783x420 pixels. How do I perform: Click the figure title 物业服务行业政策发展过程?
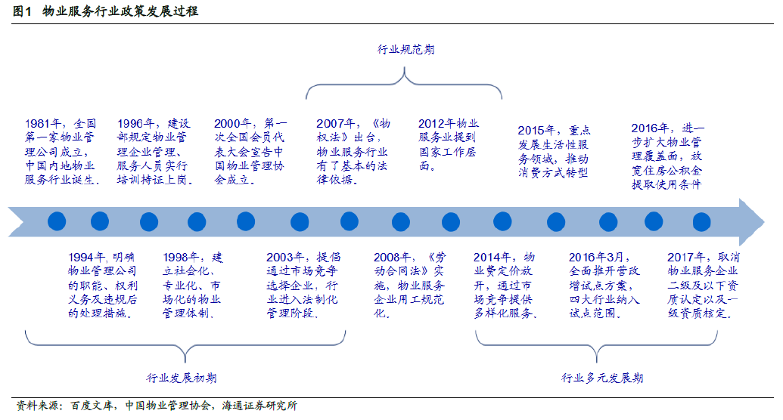[x=120, y=11]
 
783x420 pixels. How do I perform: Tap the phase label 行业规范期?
[x=405, y=49]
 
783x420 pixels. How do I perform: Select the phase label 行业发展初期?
[x=182, y=378]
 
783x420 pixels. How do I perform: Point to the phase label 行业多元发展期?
[x=601, y=378]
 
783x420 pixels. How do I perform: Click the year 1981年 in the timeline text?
[x=43, y=124]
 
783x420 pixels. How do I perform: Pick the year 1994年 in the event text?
[x=86, y=258]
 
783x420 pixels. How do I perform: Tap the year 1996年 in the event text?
[x=135, y=124]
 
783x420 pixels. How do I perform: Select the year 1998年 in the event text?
[x=181, y=258]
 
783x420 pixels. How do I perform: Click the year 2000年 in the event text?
[x=232, y=124]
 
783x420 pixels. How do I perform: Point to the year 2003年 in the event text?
[x=284, y=258]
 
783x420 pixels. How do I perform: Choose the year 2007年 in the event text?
[x=334, y=124]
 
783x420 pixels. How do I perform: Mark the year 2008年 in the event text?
[x=392, y=258]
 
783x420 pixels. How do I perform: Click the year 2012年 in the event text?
[x=437, y=124]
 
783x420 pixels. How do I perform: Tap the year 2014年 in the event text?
[x=492, y=258]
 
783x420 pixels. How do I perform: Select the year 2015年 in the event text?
[x=536, y=131]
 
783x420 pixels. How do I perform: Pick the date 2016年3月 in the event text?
[x=596, y=258]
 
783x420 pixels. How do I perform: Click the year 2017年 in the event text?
[x=685, y=258]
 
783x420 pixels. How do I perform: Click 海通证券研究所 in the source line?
[x=259, y=406]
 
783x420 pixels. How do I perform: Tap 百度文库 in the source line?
[x=92, y=406]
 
